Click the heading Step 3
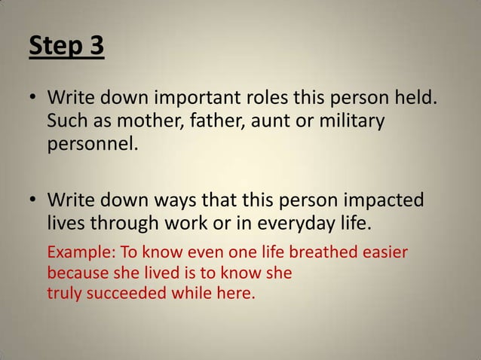point(67,47)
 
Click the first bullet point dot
point(35,99)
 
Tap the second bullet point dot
point(35,200)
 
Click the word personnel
point(92,143)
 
